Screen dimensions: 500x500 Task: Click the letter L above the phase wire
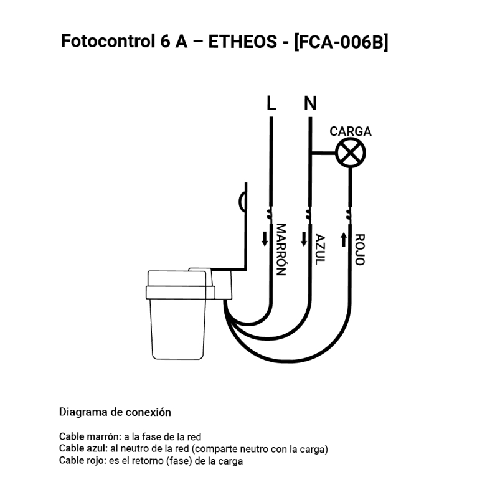click(x=271, y=103)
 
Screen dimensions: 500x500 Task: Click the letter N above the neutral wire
click(x=310, y=103)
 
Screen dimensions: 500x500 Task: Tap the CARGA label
click(x=351, y=131)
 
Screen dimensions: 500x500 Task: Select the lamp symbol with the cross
click(x=351, y=153)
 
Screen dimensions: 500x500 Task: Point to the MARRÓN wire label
click(x=281, y=249)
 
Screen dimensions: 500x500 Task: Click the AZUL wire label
click(x=320, y=249)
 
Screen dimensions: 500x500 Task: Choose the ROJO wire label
click(x=359, y=250)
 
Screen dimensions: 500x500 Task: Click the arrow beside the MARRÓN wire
click(x=265, y=238)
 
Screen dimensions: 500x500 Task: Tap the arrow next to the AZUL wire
click(x=304, y=238)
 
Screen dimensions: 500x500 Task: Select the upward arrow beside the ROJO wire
click(x=344, y=238)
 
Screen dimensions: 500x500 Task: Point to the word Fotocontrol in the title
click(x=104, y=42)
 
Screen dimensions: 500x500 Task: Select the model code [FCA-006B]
click(x=341, y=42)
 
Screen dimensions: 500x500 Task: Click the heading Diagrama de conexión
click(x=115, y=412)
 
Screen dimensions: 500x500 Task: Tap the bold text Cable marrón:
click(x=90, y=436)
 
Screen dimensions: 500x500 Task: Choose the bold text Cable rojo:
click(x=83, y=461)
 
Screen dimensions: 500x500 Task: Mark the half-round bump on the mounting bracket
click(x=242, y=200)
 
